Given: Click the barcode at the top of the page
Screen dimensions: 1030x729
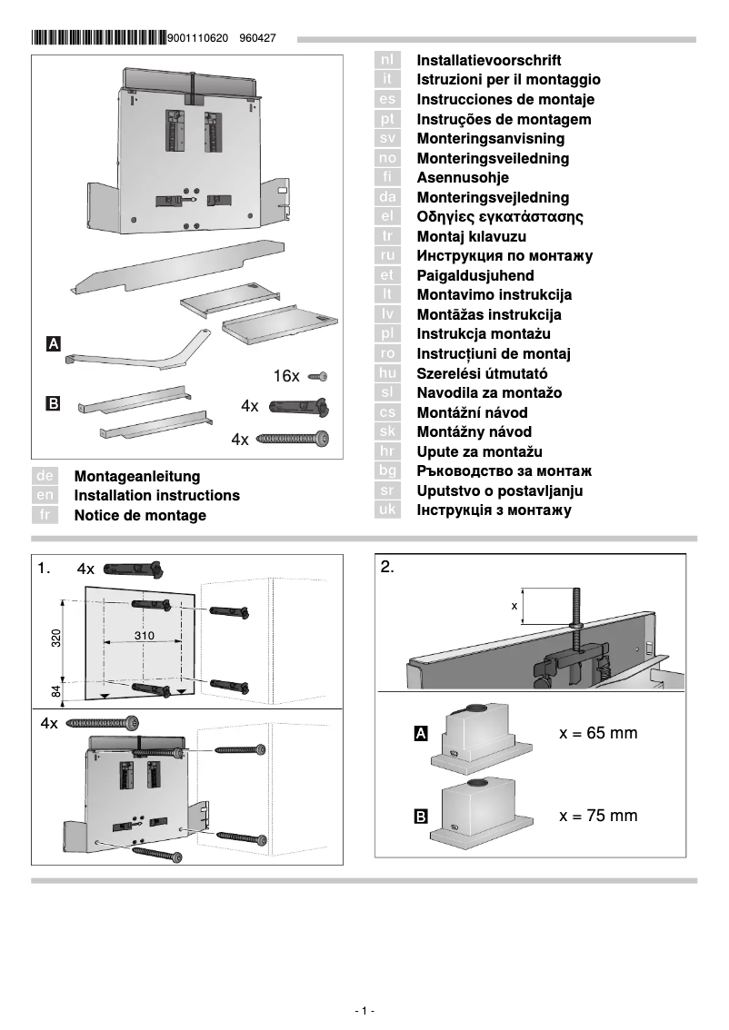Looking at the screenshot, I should tap(98, 38).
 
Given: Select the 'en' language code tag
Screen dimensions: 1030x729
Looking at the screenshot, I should tap(45, 496).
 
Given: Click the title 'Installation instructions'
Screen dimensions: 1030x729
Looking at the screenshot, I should tap(156, 496).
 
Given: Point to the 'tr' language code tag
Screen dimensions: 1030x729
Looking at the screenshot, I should tap(387, 236).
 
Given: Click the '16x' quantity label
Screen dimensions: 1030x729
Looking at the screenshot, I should tap(286, 375).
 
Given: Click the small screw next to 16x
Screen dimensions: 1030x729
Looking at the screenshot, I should tap(318, 375).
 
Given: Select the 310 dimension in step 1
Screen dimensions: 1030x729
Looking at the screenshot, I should tap(145, 636).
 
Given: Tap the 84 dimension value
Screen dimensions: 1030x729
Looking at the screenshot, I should tap(55, 692).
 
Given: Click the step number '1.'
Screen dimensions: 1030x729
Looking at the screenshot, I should tap(45, 569).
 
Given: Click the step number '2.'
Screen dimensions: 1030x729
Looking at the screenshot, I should tap(388, 568).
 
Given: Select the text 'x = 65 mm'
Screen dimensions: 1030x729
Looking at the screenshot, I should tap(597, 733).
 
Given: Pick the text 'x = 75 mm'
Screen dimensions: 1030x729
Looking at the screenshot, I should tap(597, 816).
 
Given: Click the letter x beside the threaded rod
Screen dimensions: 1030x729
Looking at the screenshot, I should tap(514, 604).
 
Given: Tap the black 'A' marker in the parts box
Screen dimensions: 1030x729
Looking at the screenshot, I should tap(54, 344).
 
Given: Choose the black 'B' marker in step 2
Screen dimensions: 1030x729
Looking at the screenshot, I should tap(421, 817).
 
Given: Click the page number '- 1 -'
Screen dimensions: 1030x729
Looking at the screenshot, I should tap(364, 1011).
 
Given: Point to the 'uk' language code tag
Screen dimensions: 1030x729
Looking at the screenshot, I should tap(387, 510).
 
